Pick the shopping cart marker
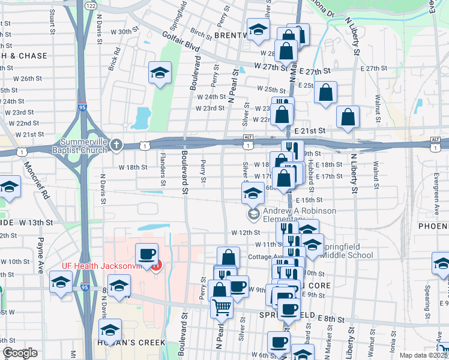[221, 307]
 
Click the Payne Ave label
[40, 256]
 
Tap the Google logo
[19, 353]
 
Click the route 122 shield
[91, 5]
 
